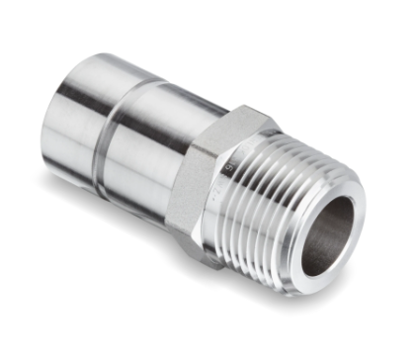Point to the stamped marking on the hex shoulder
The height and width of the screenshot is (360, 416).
[x=230, y=158]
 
